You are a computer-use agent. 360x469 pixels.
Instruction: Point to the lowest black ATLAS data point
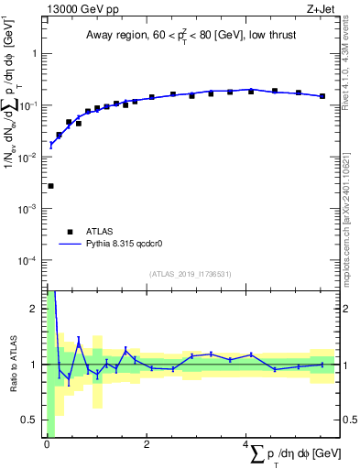point(50,186)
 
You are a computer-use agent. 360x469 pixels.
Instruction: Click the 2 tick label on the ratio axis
point(35,309)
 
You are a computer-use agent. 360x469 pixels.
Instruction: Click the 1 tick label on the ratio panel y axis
point(35,365)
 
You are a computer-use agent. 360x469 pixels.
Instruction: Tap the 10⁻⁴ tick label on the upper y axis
point(29,260)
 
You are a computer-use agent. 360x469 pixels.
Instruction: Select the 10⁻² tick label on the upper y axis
point(29,157)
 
